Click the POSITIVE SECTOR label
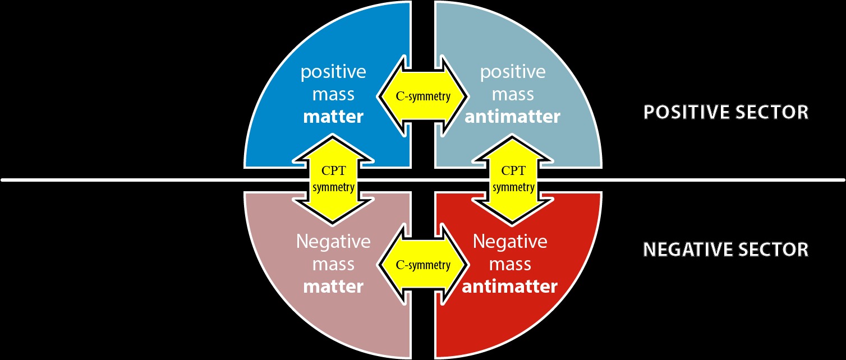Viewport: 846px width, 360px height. [x=725, y=112]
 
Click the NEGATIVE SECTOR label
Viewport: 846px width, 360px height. [x=725, y=249]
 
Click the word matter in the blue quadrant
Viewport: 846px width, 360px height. [x=333, y=117]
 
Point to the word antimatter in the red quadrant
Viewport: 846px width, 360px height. [x=509, y=286]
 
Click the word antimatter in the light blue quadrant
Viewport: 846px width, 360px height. [x=512, y=117]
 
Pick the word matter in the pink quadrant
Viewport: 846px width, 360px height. [x=333, y=286]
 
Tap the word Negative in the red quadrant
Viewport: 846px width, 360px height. [x=509, y=242]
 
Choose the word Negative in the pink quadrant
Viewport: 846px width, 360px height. [x=333, y=242]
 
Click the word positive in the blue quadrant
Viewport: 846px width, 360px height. [x=333, y=72]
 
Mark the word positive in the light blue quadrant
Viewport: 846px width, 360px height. [x=512, y=72]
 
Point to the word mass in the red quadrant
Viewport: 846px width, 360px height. [x=509, y=264]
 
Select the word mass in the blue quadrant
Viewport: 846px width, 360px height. [x=333, y=94]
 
